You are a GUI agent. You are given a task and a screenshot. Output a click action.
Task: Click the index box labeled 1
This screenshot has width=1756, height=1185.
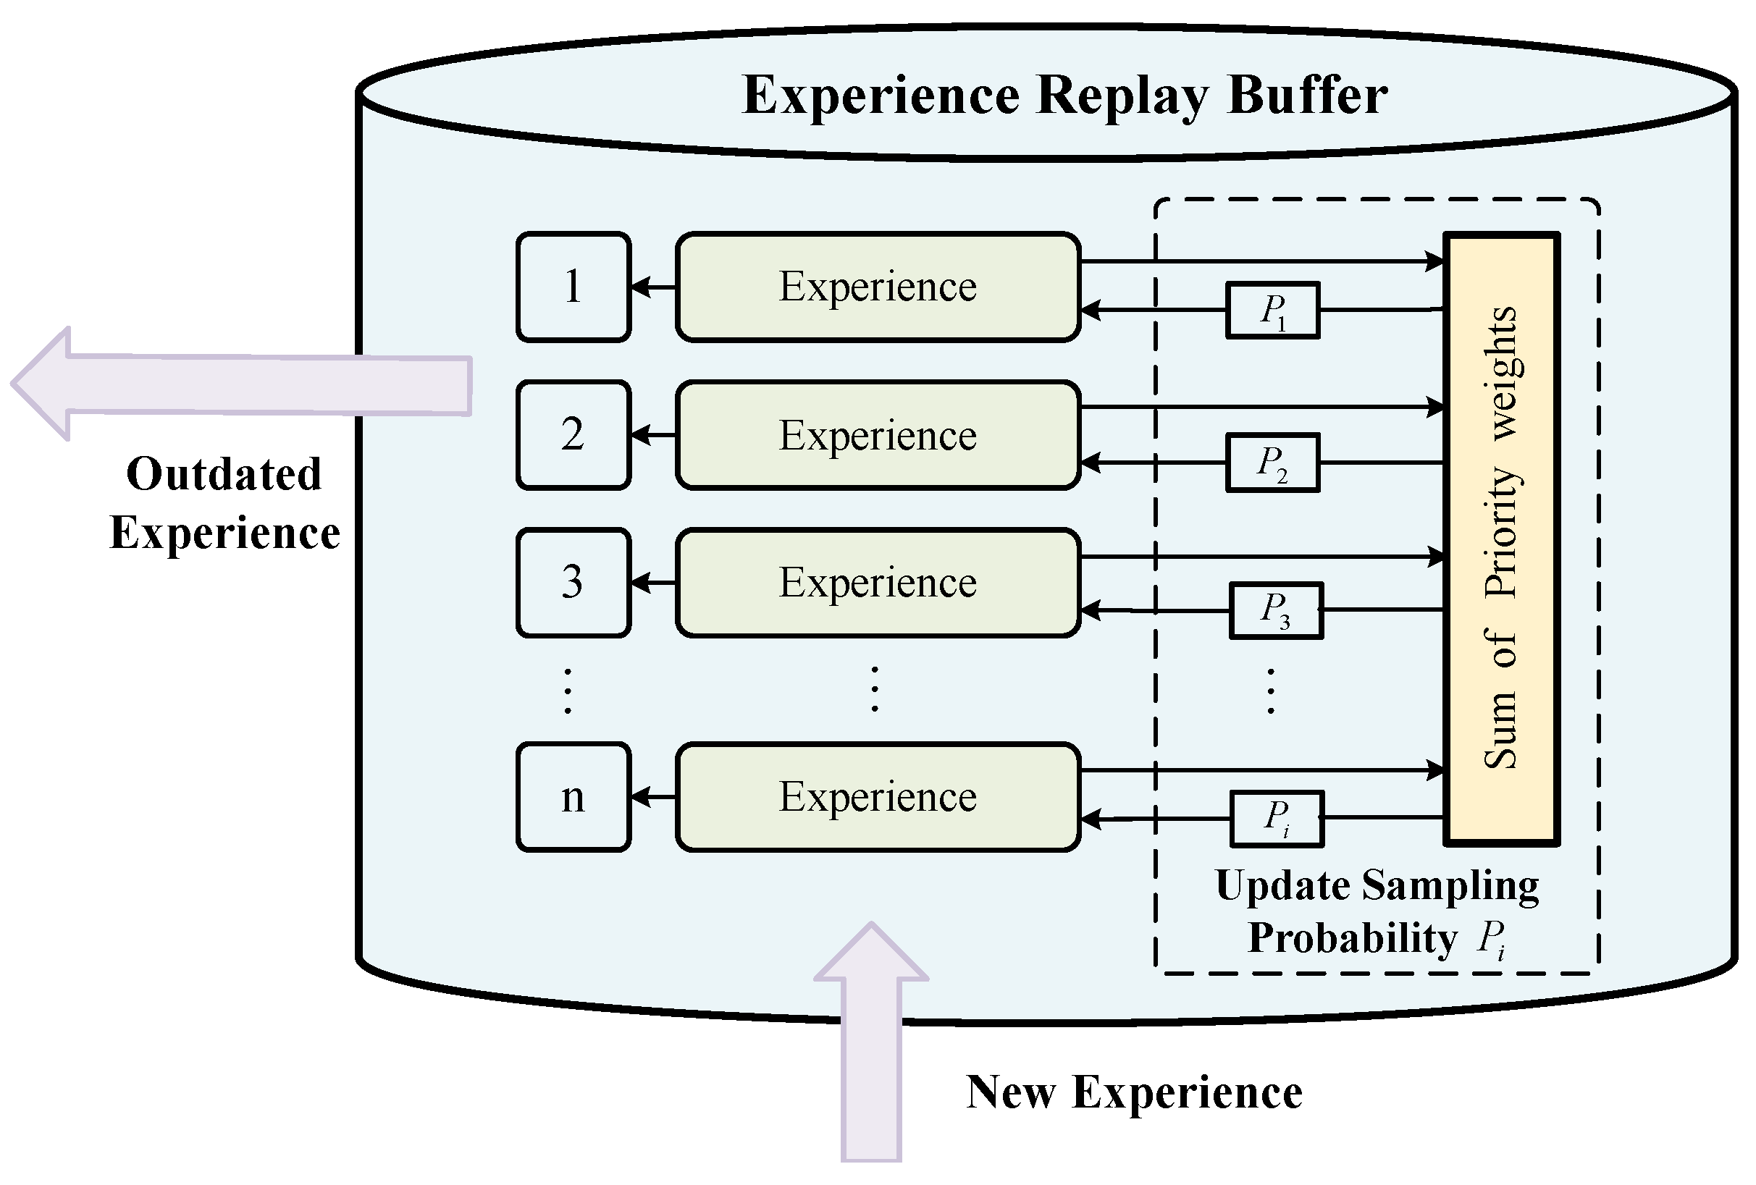pos(574,287)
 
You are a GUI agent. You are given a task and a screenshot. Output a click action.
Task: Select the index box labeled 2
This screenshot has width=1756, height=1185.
pos(574,435)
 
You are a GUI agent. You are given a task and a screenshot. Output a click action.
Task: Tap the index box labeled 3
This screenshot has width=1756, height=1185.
pos(574,583)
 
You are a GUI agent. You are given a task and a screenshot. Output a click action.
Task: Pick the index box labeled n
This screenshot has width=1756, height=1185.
pos(574,798)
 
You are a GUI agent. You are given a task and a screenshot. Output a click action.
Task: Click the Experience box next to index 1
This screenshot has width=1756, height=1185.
pos(878,287)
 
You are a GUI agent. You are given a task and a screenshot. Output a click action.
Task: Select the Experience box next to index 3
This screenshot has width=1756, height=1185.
pos(878,583)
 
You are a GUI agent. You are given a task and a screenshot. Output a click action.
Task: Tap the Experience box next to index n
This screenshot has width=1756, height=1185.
pos(878,798)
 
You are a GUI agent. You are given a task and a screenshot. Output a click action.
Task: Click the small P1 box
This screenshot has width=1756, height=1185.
pos(1273,311)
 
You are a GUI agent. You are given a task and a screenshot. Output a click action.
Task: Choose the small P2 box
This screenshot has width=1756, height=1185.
pos(1273,463)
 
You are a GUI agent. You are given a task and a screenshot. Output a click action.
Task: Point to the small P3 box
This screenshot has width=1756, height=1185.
pos(1276,610)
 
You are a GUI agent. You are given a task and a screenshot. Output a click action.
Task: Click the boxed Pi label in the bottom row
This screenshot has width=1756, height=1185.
pos(1277,819)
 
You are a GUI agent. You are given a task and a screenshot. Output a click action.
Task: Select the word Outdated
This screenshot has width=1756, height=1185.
pos(224,474)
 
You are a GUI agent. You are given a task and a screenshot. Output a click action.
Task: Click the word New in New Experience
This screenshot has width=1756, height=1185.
pos(1012,1093)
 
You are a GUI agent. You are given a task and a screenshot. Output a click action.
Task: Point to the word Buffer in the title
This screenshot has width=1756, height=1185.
pos(1307,96)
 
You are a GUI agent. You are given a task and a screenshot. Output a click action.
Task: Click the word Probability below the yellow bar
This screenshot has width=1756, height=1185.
pos(1353,939)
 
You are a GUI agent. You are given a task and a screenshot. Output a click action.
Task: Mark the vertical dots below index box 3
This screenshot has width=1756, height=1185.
pos(568,691)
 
